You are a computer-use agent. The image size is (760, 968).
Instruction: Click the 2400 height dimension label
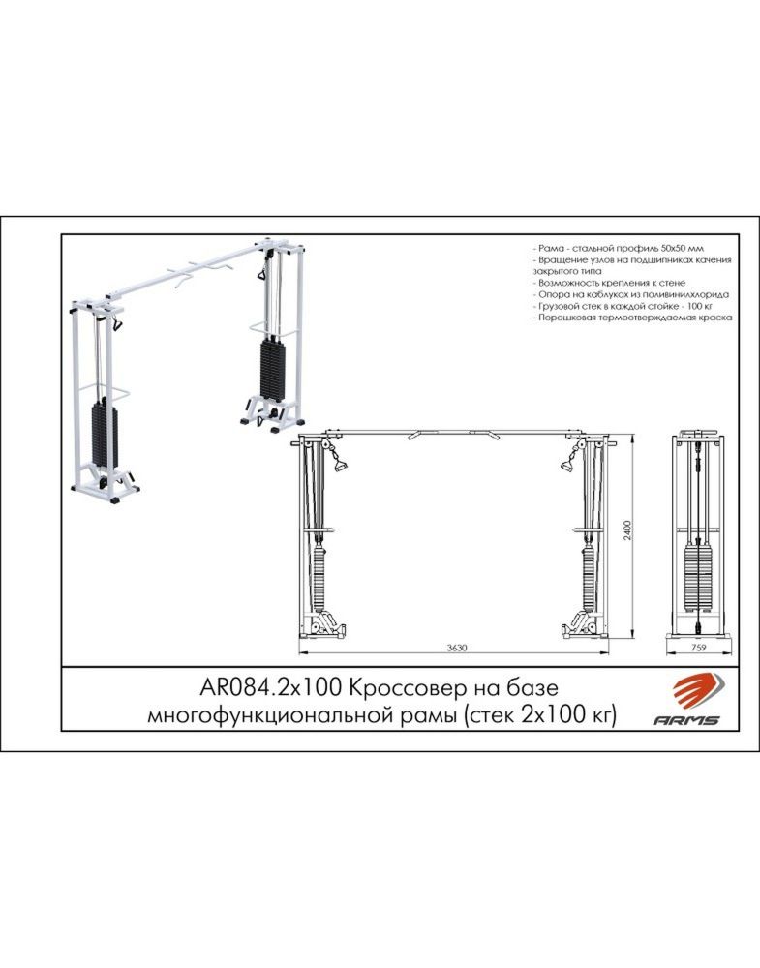(x=628, y=530)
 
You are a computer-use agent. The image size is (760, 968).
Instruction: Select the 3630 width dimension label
(x=456, y=648)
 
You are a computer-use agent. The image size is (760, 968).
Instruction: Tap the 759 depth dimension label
(x=698, y=648)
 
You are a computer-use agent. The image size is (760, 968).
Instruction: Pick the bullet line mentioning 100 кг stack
(x=623, y=306)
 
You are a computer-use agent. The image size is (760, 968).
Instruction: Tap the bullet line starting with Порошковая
(x=633, y=318)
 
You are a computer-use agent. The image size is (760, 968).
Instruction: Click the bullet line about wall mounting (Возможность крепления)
(x=609, y=283)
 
